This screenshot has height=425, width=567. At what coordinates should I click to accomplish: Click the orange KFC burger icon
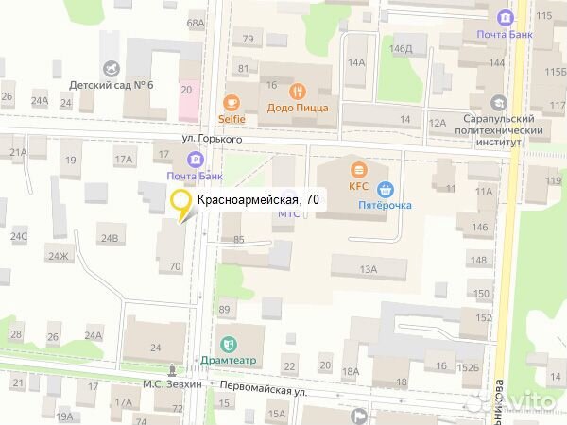click(x=358, y=169)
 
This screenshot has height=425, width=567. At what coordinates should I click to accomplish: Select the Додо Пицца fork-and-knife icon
click(x=299, y=92)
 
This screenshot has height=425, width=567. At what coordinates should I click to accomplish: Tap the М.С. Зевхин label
click(x=172, y=384)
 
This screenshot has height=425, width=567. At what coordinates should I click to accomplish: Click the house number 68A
click(x=196, y=23)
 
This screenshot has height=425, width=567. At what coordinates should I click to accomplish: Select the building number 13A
click(x=368, y=270)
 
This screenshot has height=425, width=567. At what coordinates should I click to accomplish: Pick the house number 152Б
click(x=469, y=366)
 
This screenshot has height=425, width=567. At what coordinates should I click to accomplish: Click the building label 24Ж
click(x=60, y=256)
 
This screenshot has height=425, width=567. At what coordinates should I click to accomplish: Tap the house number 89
click(x=225, y=310)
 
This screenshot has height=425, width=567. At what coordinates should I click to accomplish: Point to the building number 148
click(x=481, y=261)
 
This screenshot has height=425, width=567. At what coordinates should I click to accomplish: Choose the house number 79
click(x=249, y=39)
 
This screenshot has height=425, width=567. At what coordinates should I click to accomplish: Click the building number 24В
click(x=112, y=238)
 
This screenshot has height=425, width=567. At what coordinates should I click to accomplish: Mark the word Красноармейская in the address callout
click(x=249, y=199)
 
